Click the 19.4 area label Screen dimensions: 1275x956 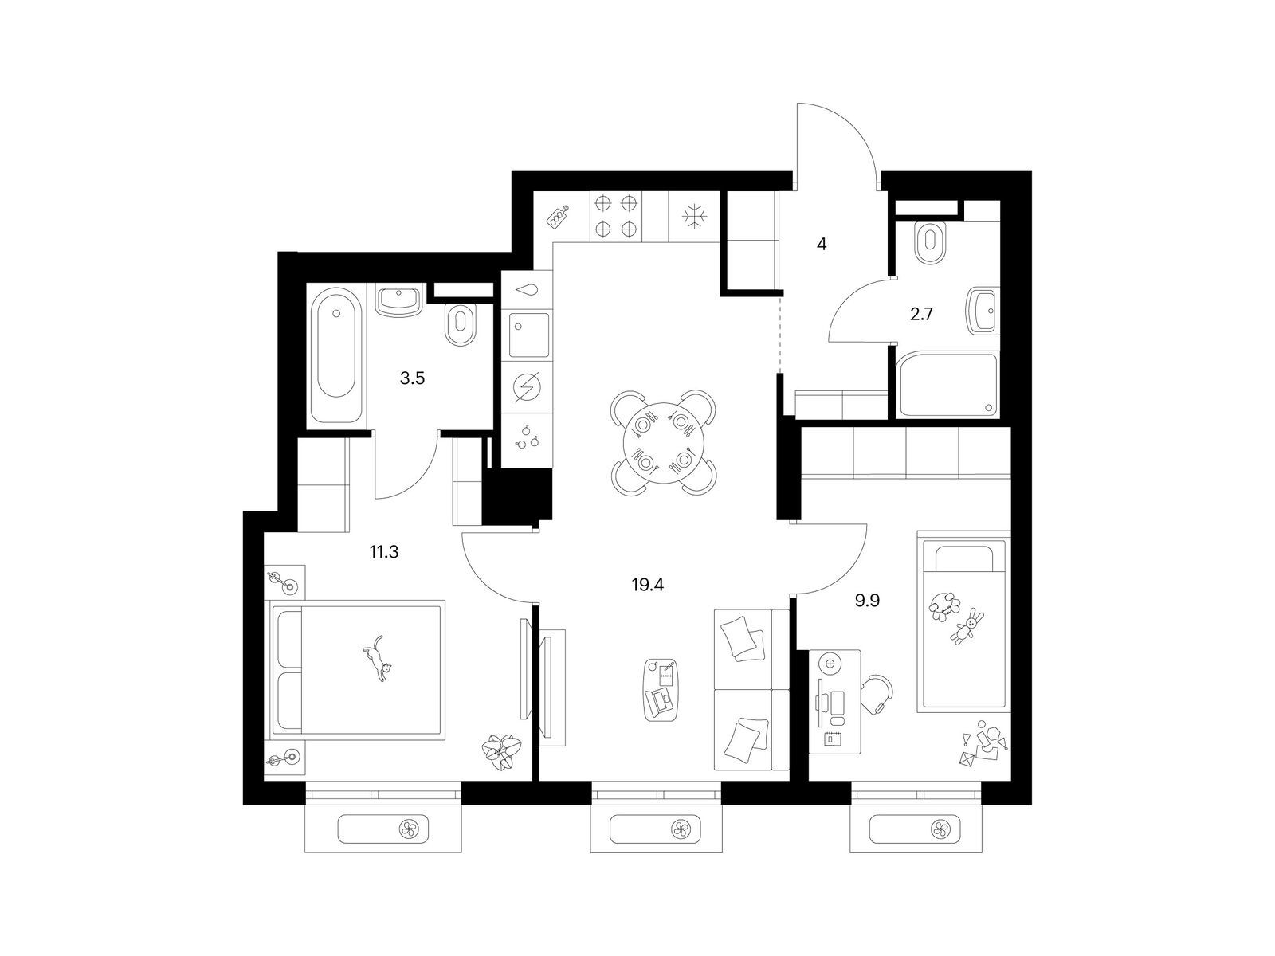point(647,585)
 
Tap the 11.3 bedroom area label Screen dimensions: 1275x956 point(384,552)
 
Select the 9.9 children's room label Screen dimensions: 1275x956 point(867,601)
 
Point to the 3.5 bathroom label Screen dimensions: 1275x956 point(412,379)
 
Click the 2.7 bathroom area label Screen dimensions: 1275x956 point(921,315)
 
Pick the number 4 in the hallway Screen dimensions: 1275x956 point(821,245)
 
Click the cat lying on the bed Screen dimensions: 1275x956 point(378,658)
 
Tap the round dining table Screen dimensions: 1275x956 point(663,441)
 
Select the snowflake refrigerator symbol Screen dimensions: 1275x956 point(695,217)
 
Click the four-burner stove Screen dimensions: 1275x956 point(617,217)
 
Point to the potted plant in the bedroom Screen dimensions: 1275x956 point(501,752)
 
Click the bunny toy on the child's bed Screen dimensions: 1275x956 point(967,625)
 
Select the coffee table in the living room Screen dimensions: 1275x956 point(661,690)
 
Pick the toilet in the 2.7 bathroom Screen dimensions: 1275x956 point(930,242)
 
